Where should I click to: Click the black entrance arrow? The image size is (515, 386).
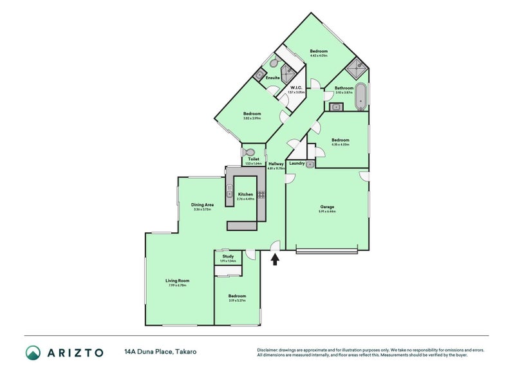tap(276, 259)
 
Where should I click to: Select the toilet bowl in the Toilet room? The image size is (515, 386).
tap(250, 152)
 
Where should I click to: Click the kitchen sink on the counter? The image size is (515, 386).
tap(229, 190)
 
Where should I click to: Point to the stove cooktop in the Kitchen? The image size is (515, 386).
tap(261, 193)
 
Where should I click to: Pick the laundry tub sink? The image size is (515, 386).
tap(310, 165)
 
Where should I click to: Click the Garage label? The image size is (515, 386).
tap(328, 207)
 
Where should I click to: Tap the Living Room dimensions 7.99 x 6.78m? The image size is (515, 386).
tap(177, 285)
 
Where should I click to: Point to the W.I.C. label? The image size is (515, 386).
tap(297, 87)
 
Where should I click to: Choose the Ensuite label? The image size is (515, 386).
tap(273, 78)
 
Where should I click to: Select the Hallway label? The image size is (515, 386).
tap(276, 164)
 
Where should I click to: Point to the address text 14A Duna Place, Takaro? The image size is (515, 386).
tap(160, 352)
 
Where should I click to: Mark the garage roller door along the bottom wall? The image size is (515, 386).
tap(326, 251)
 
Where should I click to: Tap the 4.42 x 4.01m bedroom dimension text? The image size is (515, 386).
tap(319, 56)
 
